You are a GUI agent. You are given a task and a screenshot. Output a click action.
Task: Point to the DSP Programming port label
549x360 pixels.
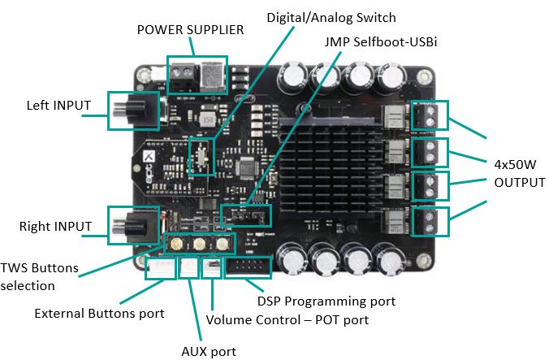tap(326, 301)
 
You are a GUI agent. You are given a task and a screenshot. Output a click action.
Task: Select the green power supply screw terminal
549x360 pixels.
tap(183, 76)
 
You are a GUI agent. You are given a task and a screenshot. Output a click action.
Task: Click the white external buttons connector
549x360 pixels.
tap(160, 267)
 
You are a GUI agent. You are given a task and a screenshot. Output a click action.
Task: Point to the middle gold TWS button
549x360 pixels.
tap(198, 242)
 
